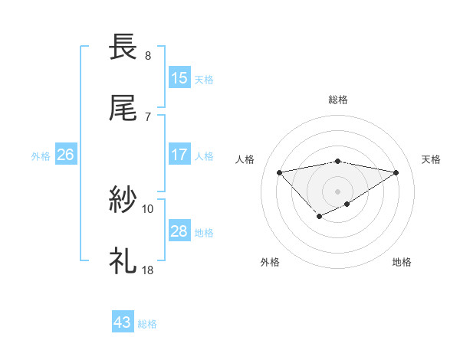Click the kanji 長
tap(123, 47)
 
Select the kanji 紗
tap(123, 200)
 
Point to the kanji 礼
tap(123, 261)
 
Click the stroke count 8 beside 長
tap(148, 56)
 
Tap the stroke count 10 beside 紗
tap(148, 208)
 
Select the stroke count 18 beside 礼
tap(148, 270)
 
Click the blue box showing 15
tap(179, 78)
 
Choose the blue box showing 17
tap(179, 155)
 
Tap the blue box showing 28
tap(179, 231)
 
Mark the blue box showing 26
tap(66, 155)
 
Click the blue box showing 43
tap(123, 323)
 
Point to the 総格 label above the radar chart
tap(338, 100)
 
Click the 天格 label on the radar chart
tap(431, 159)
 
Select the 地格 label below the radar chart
tap(402, 262)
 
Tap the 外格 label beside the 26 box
tap(41, 155)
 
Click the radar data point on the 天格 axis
tap(396, 172)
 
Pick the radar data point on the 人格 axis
tap(279, 172)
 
